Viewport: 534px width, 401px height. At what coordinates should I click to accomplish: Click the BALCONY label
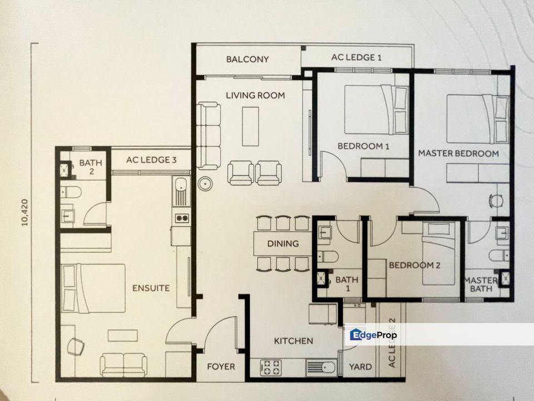(x=248, y=59)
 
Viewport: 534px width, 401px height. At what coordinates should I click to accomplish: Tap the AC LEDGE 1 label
(x=356, y=57)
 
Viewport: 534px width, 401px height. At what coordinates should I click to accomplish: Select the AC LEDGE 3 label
(x=151, y=160)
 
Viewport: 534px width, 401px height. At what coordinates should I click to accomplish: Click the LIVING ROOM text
(x=255, y=95)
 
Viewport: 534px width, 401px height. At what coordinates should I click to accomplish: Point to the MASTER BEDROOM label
(x=458, y=153)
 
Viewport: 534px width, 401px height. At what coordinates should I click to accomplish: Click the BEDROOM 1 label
(x=363, y=146)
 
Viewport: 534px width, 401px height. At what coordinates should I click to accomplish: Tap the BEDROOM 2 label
(x=414, y=265)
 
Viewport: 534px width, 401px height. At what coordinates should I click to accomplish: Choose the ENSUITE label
(x=151, y=288)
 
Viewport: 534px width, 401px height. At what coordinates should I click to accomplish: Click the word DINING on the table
(x=283, y=243)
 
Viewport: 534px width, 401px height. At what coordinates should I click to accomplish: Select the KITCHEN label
(x=293, y=340)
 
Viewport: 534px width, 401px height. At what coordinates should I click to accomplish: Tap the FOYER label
(x=221, y=366)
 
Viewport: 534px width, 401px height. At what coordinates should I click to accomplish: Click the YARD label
(x=360, y=366)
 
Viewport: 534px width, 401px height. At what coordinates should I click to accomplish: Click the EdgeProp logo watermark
(x=373, y=335)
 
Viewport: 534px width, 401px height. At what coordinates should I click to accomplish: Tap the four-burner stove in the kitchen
(x=271, y=366)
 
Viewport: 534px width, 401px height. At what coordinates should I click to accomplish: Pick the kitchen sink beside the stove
(x=321, y=367)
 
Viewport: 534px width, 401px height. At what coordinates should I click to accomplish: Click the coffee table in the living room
(x=250, y=125)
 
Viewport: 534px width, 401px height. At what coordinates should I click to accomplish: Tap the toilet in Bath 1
(x=329, y=257)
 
